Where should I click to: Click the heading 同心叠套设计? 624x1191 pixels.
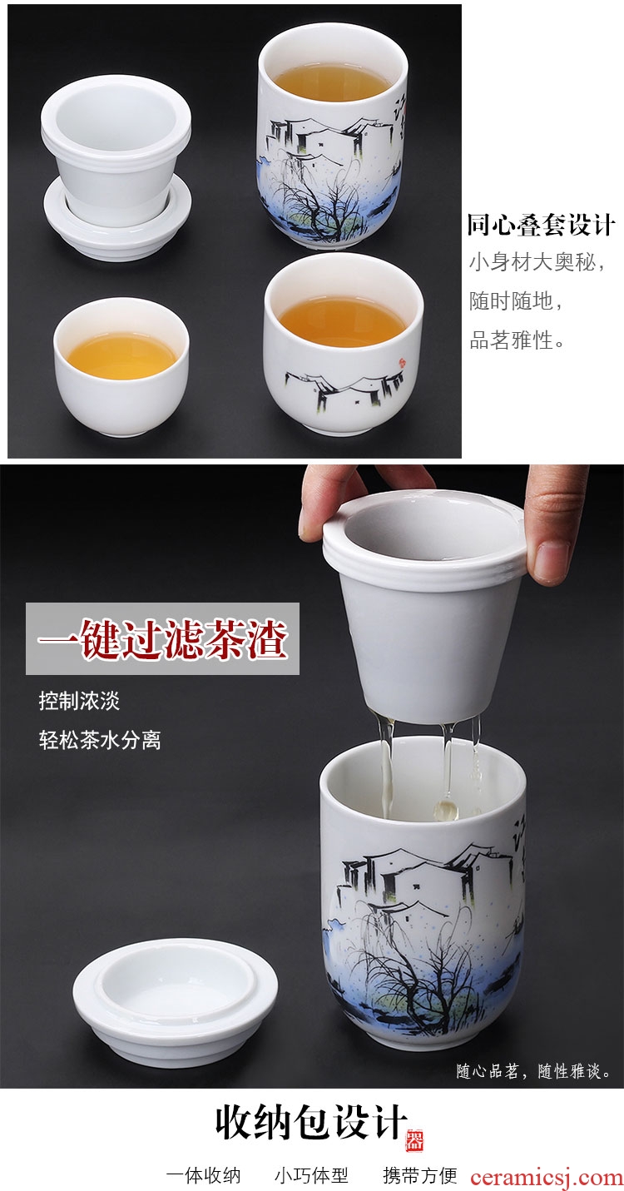coord(541,225)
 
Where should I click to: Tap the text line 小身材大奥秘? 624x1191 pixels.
coord(532,263)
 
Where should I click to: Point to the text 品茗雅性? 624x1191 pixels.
coord(511,340)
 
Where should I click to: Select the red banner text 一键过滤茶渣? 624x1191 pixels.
coord(162,638)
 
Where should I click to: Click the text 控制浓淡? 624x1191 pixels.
coord(79,701)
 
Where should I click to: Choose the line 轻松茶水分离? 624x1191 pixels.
coord(99,740)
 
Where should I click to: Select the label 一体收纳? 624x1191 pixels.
coord(203,1175)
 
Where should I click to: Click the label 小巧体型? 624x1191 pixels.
coord(311,1175)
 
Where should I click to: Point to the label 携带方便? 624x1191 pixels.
coord(420,1175)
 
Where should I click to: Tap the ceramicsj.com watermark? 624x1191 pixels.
coord(547,1177)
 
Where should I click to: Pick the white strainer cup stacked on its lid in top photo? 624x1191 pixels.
coord(116,166)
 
